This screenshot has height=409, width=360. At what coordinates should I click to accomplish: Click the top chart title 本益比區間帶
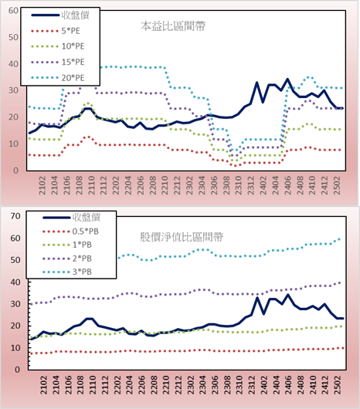173,26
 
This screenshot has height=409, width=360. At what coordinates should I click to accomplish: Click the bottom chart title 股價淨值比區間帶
182,237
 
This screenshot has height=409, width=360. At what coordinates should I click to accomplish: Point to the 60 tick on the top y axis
13,11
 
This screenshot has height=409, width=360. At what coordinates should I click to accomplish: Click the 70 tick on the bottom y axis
15,216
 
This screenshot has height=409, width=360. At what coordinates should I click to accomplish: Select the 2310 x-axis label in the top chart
239,185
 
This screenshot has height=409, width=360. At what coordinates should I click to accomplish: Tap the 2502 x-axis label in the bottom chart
338,385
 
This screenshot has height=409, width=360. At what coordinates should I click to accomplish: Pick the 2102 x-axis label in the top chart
42,185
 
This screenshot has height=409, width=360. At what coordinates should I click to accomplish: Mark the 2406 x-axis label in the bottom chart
288,385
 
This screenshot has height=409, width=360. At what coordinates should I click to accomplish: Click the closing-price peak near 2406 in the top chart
287,79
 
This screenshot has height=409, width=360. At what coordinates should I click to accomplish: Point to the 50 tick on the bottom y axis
15,260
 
